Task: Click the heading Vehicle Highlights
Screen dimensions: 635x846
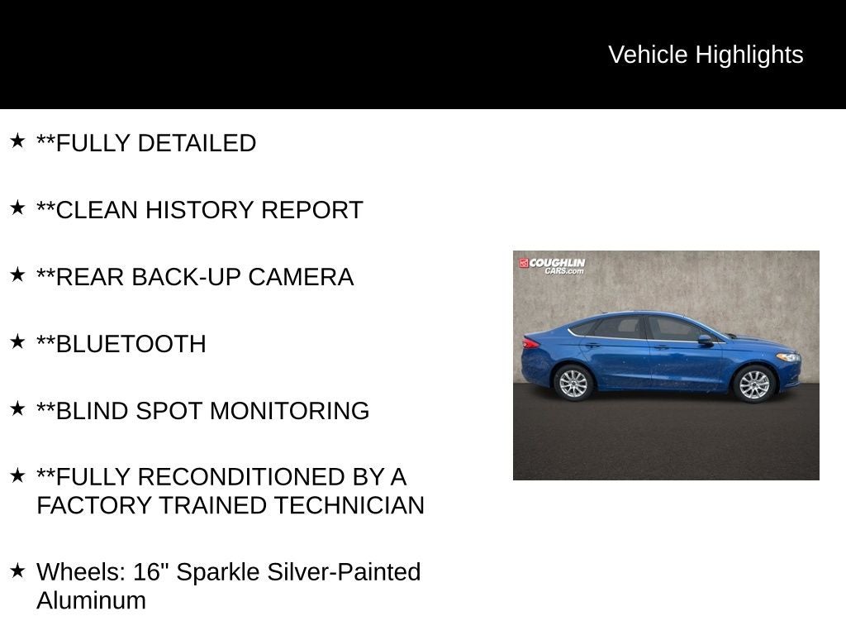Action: pyautogui.click(x=706, y=55)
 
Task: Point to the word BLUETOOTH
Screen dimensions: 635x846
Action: pyautogui.click(x=131, y=344)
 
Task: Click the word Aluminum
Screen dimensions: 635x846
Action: pyautogui.click(x=91, y=600)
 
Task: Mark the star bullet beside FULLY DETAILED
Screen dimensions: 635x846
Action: pyautogui.click(x=17, y=141)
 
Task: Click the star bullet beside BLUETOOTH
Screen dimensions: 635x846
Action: pyautogui.click(x=17, y=341)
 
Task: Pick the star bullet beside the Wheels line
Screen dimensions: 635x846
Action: pyautogui.click(x=17, y=570)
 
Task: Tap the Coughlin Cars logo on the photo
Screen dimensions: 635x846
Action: pyautogui.click(x=552, y=265)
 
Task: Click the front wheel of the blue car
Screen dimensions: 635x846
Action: pyautogui.click(x=753, y=384)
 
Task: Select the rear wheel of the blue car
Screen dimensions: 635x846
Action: pyautogui.click(x=573, y=383)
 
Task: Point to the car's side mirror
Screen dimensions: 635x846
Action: pyautogui.click(x=705, y=339)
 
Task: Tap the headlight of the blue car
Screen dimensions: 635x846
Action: pyautogui.click(x=788, y=357)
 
